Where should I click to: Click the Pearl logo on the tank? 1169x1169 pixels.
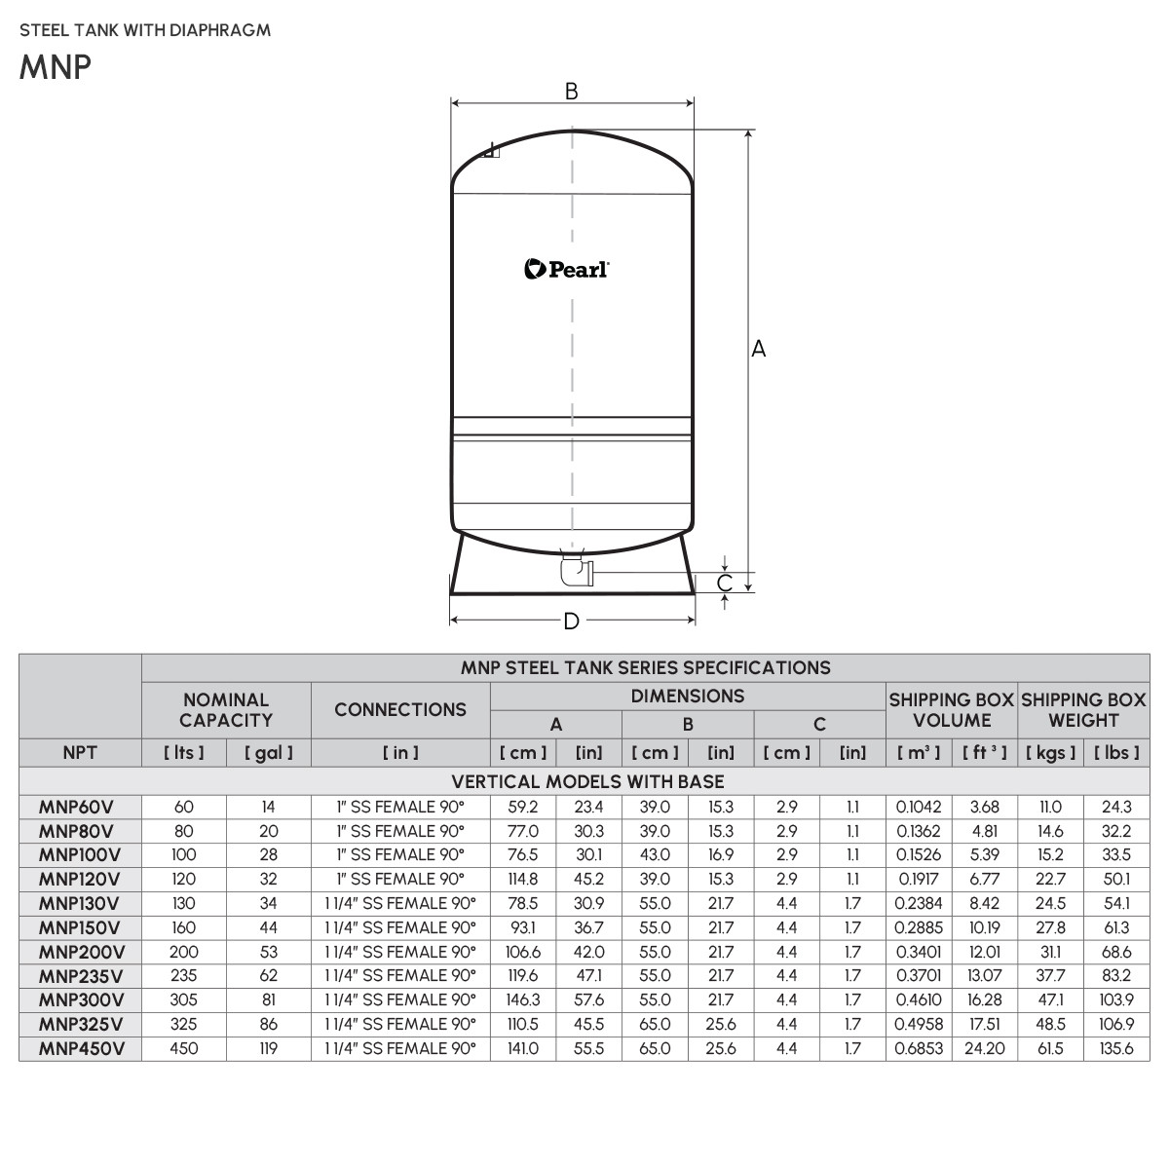(x=567, y=269)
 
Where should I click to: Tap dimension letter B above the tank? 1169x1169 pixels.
(x=572, y=92)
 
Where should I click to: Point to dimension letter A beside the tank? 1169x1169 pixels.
(x=759, y=349)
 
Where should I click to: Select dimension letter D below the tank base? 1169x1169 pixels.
(x=572, y=622)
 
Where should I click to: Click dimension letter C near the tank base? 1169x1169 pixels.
(x=725, y=583)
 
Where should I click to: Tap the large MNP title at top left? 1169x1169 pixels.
(x=55, y=67)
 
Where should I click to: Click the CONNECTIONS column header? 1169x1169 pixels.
(x=400, y=709)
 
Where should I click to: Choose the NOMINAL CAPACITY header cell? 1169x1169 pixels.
(x=226, y=709)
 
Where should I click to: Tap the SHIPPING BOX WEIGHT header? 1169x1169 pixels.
(x=1083, y=709)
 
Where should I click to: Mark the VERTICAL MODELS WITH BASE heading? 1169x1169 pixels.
(x=587, y=781)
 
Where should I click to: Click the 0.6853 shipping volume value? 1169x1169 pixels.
(x=919, y=1048)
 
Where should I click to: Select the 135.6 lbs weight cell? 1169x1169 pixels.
(x=1116, y=1048)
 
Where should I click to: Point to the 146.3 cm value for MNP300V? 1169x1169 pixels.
(x=523, y=999)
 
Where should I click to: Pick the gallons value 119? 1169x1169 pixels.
(x=268, y=1048)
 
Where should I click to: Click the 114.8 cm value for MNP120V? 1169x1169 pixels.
(x=523, y=879)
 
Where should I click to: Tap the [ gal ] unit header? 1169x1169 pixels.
(x=268, y=752)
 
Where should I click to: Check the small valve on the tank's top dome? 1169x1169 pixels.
(x=492, y=151)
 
